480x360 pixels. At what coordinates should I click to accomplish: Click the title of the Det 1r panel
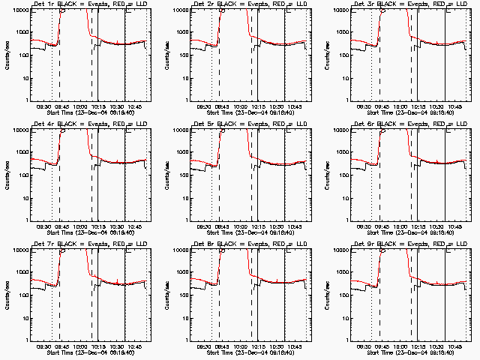88,4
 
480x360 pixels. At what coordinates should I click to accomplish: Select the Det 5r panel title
248,124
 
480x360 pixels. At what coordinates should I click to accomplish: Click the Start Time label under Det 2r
248,113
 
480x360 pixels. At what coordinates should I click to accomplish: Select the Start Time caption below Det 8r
248,352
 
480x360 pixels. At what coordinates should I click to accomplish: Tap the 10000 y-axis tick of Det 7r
16,250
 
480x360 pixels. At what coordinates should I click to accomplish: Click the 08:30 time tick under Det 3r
364,106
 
